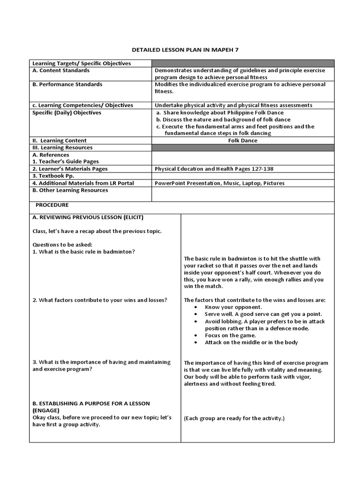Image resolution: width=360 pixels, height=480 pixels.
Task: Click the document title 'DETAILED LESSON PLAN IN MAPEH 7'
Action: click(x=181, y=50)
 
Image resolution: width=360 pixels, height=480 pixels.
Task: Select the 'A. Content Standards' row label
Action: click(x=61, y=70)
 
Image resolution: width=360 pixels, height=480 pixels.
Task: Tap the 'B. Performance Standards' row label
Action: click(x=67, y=84)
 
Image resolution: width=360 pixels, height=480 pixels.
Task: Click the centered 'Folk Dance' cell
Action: click(x=242, y=141)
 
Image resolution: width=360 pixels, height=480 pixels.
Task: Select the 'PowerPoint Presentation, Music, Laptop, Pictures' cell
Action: click(x=219, y=183)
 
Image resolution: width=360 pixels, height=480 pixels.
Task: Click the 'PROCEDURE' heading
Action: click(x=52, y=205)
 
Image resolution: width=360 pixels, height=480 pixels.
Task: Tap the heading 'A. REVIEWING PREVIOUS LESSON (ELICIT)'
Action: click(x=88, y=217)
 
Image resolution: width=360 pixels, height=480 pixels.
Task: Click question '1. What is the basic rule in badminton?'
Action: click(x=84, y=252)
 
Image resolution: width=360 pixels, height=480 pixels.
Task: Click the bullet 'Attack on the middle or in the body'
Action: click(x=251, y=342)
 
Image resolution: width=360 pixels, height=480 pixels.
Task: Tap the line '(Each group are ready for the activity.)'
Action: click(x=234, y=418)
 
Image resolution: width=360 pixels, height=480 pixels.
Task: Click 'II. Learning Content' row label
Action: click(x=60, y=141)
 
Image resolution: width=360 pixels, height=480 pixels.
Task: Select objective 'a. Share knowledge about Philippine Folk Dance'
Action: click(x=220, y=112)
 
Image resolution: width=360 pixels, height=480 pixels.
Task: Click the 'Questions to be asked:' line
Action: click(x=62, y=245)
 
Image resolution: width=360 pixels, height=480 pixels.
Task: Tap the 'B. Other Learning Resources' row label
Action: click(x=70, y=190)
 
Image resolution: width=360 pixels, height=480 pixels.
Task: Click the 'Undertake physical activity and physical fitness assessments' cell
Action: click(x=233, y=105)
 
